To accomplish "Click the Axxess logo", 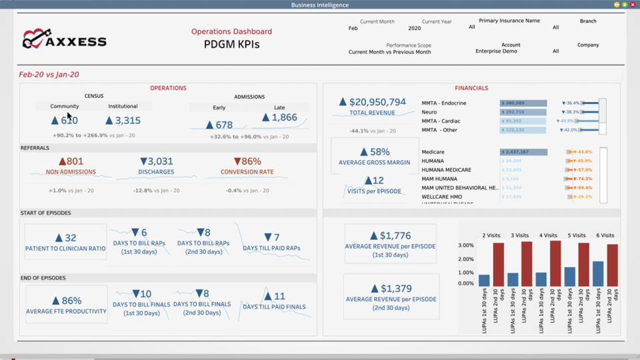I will pos(64,40).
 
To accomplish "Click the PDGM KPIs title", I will pos(231,45).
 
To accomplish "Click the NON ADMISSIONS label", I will pos(71,172).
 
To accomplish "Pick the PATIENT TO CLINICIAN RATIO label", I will pos(65,249).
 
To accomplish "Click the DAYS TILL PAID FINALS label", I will pos(274,307).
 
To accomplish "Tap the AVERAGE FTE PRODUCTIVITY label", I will pos(66,311).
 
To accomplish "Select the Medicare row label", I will pos(434,152).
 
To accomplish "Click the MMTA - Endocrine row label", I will pos(444,103).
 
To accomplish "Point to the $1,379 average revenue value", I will pos(390,289).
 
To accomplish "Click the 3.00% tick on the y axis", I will pos(465,245).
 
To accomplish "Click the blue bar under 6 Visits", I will pos(598,273).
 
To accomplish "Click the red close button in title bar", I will pos(633,5).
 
